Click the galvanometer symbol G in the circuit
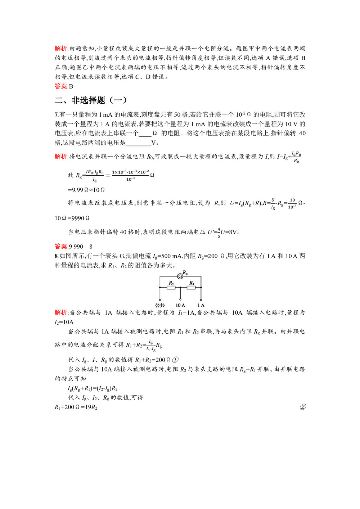pyautogui.click(x=180, y=276)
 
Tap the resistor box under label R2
pyautogui.click(x=171, y=287)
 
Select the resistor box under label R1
pyautogui.click(x=191, y=287)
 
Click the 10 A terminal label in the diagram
pyautogui.click(x=180, y=305)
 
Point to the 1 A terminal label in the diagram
pyautogui.click(x=201, y=305)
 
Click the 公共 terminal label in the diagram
pyautogui.click(x=160, y=305)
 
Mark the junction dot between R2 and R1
pyautogui.click(x=180, y=287)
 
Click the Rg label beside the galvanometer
pyautogui.click(x=185, y=273)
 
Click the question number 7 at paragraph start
pyautogui.click(x=56, y=115)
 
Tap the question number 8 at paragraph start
pyautogui.click(x=56, y=256)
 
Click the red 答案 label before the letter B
pyautogui.click(x=61, y=86)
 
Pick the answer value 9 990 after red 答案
pyautogui.click(x=76, y=247)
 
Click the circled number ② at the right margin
pyautogui.click(x=303, y=407)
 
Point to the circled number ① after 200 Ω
pyautogui.click(x=175, y=360)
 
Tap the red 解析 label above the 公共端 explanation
pyautogui.click(x=61, y=312)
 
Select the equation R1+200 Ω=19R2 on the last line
pyautogui.click(x=76, y=407)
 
